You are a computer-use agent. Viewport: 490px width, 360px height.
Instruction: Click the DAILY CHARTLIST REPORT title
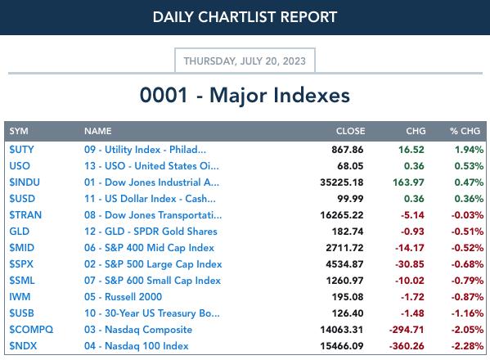click(245, 17)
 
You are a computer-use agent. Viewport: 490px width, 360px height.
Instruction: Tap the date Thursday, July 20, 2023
click(245, 61)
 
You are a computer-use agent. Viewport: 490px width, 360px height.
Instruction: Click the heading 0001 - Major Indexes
click(245, 95)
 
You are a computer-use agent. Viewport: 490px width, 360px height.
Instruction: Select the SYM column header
click(19, 131)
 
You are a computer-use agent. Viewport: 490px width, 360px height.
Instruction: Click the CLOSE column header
click(350, 131)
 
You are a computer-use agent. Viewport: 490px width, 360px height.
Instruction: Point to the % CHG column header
click(465, 131)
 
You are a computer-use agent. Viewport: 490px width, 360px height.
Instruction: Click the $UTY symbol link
click(21, 150)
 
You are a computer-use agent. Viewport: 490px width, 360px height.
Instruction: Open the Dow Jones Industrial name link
click(151, 182)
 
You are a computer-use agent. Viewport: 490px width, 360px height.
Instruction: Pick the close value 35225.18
click(342, 182)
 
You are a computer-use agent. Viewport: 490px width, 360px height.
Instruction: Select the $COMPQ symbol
click(31, 330)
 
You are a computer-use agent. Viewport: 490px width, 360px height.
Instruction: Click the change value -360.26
click(407, 346)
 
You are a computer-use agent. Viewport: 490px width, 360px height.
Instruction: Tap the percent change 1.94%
click(469, 150)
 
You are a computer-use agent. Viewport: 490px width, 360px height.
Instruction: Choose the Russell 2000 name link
click(124, 297)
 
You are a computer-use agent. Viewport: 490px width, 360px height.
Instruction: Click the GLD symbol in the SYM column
click(20, 232)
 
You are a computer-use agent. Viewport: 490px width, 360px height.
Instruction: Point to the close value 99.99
click(350, 199)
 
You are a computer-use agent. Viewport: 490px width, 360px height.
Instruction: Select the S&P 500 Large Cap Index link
click(153, 264)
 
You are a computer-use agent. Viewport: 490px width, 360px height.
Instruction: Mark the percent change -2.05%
click(467, 330)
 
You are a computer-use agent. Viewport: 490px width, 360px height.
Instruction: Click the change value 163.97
click(408, 182)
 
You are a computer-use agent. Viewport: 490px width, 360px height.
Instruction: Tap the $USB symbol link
click(21, 313)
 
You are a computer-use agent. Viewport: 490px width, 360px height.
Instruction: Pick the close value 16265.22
click(342, 215)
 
